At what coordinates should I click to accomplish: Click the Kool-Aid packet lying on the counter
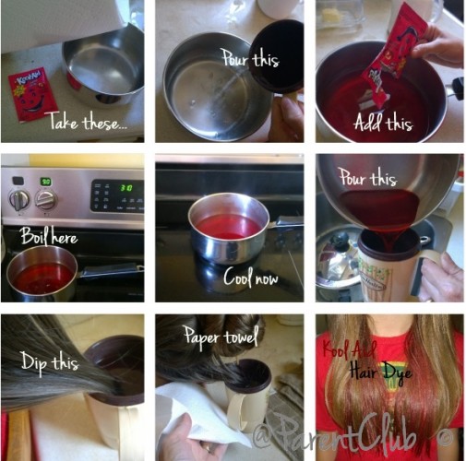tap(31, 94)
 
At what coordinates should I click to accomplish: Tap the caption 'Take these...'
tap(88, 122)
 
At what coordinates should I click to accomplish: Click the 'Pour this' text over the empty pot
tap(251, 57)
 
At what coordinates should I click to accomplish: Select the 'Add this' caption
tap(383, 122)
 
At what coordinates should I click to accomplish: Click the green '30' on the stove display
tap(126, 187)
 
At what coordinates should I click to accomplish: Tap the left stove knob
tap(19, 200)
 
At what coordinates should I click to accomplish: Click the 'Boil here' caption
tap(49, 236)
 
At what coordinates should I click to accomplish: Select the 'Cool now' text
tap(251, 277)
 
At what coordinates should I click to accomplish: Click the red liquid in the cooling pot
tap(228, 227)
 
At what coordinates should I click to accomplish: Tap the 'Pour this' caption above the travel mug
tap(367, 177)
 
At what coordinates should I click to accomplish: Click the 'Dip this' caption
tap(50, 362)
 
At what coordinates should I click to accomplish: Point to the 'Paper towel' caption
tap(221, 337)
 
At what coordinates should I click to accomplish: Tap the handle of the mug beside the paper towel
tap(237, 412)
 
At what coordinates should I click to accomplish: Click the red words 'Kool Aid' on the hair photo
tap(349, 350)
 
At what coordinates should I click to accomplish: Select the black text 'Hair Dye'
tap(381, 372)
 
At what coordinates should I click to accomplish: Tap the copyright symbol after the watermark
tap(444, 438)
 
